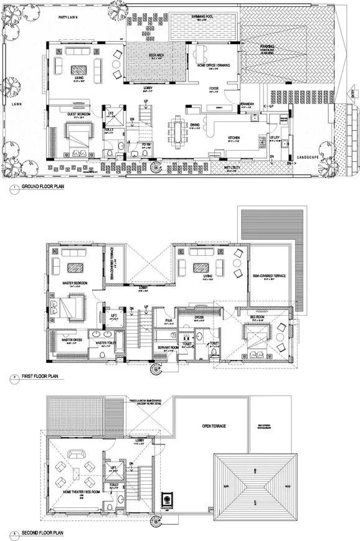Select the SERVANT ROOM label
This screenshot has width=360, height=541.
[164, 347]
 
